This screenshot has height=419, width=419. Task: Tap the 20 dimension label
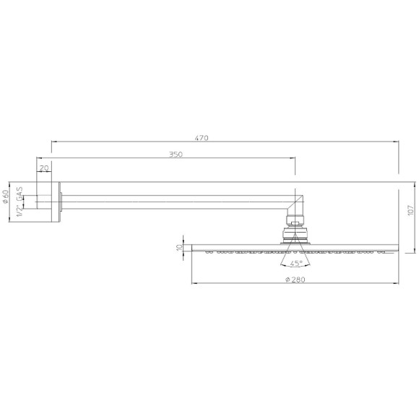pos(44,168)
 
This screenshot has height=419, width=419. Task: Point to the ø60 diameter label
pos(7,197)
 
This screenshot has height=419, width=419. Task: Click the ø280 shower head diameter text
pos(295,279)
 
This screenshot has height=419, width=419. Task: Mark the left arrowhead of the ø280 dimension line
pos(194,284)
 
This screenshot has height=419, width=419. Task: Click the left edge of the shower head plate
pos(192,247)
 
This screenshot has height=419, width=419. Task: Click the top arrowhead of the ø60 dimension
pos(12,183)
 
